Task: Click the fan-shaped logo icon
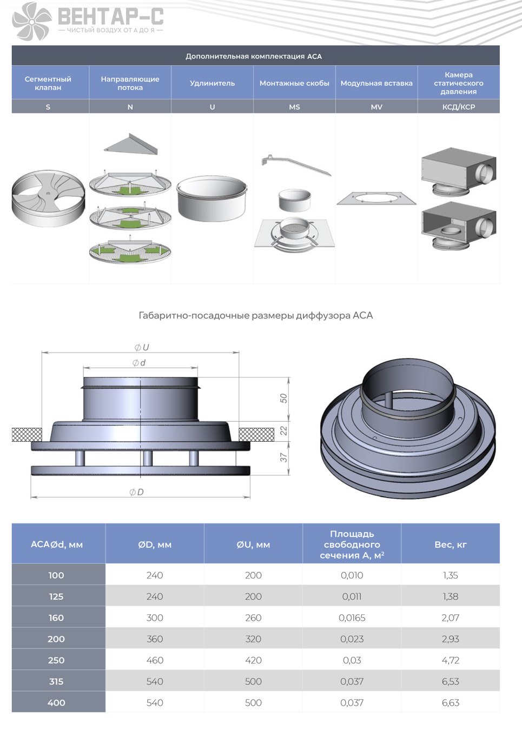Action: [x=32, y=21]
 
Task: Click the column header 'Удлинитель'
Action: [x=212, y=83]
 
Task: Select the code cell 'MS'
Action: [x=294, y=107]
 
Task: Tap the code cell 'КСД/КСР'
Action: [x=458, y=107]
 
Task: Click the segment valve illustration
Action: [x=48, y=195]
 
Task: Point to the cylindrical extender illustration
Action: [x=212, y=198]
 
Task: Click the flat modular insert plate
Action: [x=376, y=198]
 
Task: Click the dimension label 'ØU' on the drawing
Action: [x=142, y=347]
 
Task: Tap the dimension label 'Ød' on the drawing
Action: [x=139, y=362]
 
